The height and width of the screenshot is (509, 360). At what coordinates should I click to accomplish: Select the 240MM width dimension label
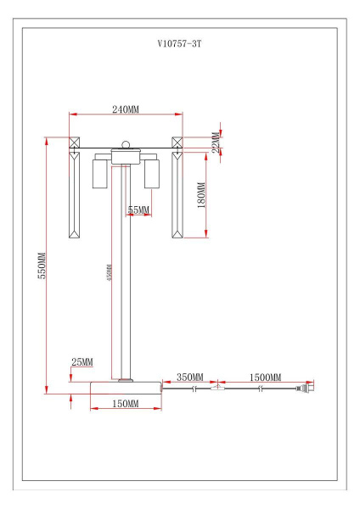(126, 109)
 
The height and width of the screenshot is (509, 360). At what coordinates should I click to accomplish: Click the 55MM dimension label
(138, 210)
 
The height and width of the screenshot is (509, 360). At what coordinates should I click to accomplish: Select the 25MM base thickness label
(82, 362)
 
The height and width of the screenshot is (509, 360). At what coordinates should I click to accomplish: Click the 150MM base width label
(125, 405)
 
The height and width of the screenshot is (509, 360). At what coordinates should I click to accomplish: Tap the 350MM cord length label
(189, 377)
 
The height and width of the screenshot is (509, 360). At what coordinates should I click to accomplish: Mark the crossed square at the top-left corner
(74, 143)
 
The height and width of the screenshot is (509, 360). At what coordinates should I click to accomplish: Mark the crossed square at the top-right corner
(177, 143)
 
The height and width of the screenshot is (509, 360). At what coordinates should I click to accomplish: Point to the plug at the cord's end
(304, 390)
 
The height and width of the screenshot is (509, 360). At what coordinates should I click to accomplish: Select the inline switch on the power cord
(219, 389)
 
